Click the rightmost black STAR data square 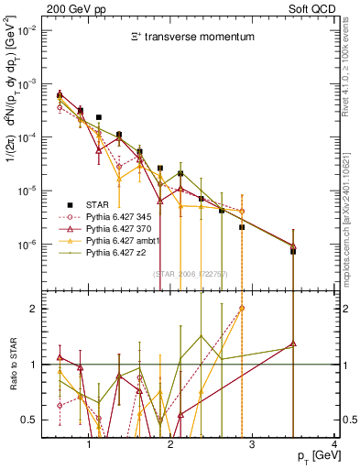(293, 251)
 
